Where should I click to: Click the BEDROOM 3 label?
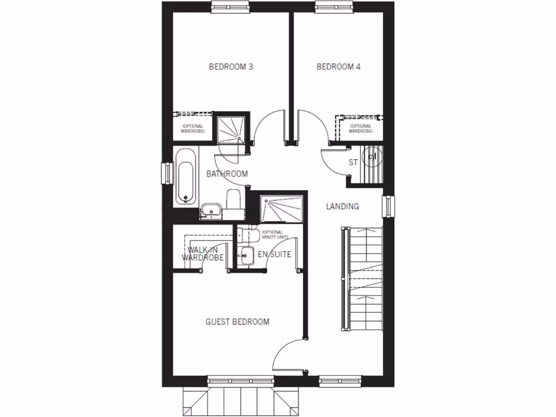[x=231, y=67]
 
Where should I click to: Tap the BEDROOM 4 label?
[x=339, y=67]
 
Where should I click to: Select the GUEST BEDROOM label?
[x=237, y=322]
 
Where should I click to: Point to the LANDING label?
[x=342, y=206]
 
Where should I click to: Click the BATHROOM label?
[x=227, y=174]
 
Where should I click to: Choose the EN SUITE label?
[x=274, y=254]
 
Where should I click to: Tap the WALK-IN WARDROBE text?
[x=203, y=254]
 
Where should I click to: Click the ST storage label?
[x=353, y=162]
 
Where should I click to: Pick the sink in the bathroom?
[x=209, y=210]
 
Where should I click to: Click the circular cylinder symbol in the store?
[x=372, y=157]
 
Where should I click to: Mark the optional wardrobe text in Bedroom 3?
[x=193, y=129]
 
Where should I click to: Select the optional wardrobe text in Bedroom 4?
[x=361, y=129]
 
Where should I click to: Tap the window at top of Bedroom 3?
[x=231, y=7]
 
